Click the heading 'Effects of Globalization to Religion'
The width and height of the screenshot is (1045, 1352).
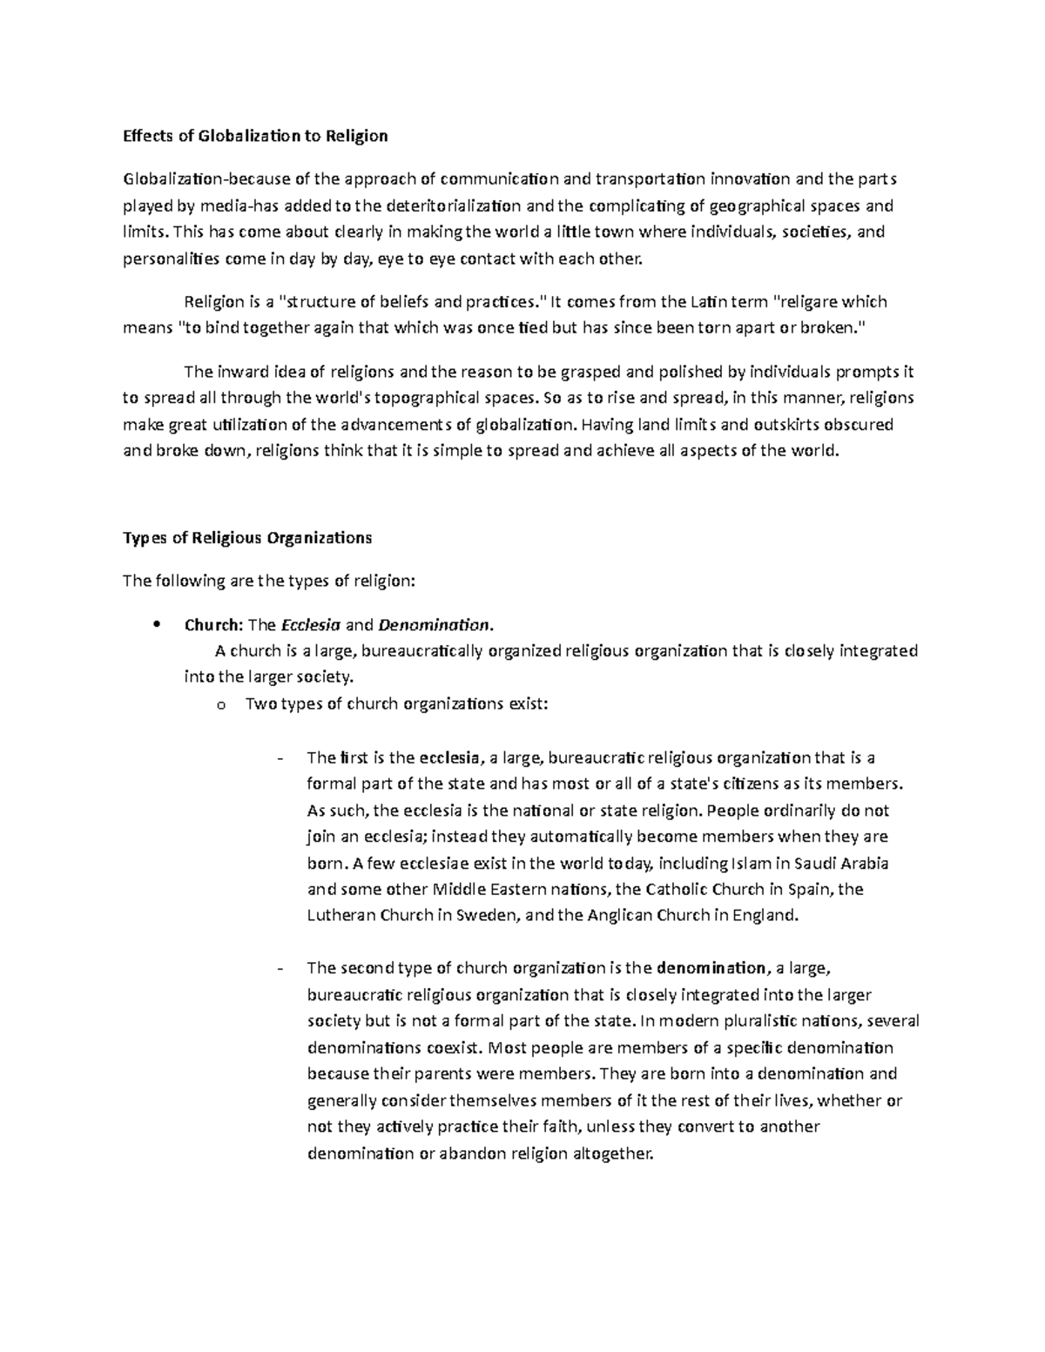[255, 136]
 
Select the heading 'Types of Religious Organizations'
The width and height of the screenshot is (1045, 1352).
[247, 537]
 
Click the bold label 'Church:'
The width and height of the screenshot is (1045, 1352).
[214, 624]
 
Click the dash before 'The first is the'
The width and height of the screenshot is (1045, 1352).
[279, 758]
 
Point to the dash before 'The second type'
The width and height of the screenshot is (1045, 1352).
[279, 968]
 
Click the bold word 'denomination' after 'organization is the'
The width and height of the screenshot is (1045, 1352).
[711, 968]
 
